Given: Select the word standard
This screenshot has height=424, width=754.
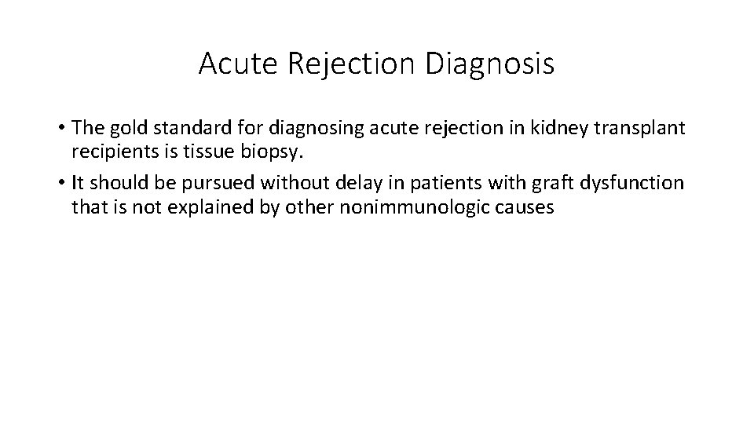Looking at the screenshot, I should [x=183, y=128].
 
